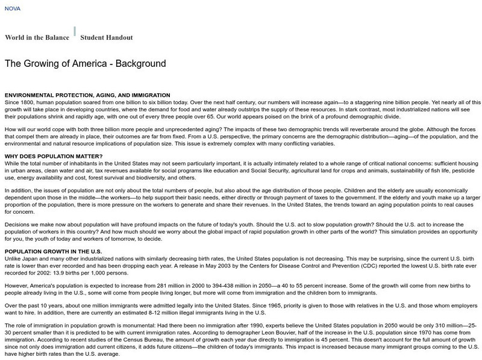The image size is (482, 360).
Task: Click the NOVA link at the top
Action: click(x=12, y=9)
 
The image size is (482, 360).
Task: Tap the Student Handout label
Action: click(x=107, y=37)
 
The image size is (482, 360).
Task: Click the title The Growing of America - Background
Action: click(x=85, y=63)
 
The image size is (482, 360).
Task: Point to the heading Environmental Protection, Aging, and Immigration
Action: click(x=87, y=95)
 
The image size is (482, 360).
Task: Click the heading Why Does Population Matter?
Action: click(x=53, y=157)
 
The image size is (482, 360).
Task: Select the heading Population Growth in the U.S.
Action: click(x=53, y=234)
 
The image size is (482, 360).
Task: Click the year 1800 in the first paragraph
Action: click(x=30, y=102)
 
